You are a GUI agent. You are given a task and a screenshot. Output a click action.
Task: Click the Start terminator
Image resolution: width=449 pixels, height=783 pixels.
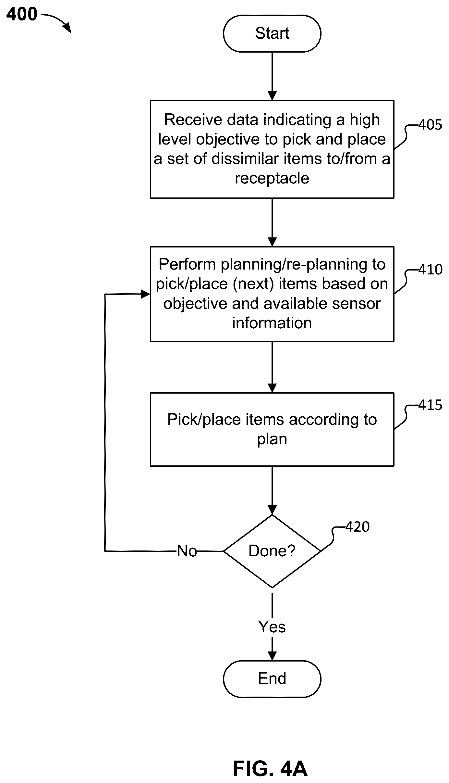(x=272, y=33)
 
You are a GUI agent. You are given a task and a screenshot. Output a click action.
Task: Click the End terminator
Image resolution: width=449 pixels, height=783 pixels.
(x=272, y=679)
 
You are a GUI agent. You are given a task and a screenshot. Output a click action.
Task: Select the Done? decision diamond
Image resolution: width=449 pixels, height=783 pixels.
(x=272, y=551)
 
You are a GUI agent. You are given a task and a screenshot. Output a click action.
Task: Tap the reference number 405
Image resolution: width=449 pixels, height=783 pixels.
(x=430, y=125)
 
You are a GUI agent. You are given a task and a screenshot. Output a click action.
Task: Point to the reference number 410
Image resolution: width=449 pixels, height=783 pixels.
(x=430, y=270)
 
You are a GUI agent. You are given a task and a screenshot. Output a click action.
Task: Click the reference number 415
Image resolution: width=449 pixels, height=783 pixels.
(x=430, y=405)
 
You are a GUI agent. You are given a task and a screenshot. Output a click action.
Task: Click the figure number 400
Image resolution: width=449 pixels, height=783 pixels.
(x=22, y=14)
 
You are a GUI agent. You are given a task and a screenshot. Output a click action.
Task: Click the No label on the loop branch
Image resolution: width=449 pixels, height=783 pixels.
(x=187, y=551)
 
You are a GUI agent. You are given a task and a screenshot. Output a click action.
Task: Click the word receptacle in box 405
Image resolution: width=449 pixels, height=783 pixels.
(x=272, y=178)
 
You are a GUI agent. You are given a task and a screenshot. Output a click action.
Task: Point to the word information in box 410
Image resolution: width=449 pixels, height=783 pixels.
(x=272, y=323)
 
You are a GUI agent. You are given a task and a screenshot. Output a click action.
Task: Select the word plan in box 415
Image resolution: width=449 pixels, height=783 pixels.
(x=272, y=439)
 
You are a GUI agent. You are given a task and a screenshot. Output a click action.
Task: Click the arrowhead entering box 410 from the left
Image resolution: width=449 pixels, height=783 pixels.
(x=146, y=295)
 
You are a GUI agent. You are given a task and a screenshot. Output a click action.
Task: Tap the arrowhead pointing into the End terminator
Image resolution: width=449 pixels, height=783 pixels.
(x=272, y=656)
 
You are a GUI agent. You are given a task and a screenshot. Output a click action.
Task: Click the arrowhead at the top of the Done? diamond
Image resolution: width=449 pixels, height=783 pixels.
(x=272, y=510)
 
